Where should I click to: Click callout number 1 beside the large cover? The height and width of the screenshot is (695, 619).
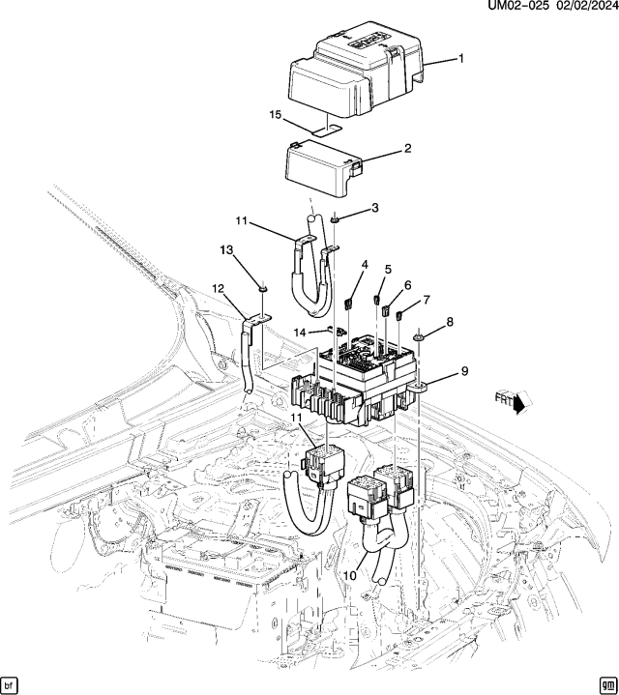pyautogui.click(x=460, y=59)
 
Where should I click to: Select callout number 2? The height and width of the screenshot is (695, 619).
pyautogui.click(x=407, y=149)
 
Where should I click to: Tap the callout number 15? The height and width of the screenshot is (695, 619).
pyautogui.click(x=275, y=115)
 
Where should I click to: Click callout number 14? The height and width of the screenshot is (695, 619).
pyautogui.click(x=300, y=332)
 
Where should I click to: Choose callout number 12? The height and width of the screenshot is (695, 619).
pyautogui.click(x=218, y=288)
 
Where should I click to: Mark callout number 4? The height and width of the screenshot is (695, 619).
pyautogui.click(x=365, y=264)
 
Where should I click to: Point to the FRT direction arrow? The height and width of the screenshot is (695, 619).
pyautogui.click(x=510, y=401)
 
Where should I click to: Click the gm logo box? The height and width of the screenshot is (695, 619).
pyautogui.click(x=606, y=682)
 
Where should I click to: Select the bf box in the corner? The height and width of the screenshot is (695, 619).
pyautogui.click(x=11, y=682)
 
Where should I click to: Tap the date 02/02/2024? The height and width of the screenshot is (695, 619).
pyautogui.click(x=581, y=8)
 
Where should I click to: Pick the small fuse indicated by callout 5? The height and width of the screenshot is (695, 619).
pyautogui.click(x=377, y=298)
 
